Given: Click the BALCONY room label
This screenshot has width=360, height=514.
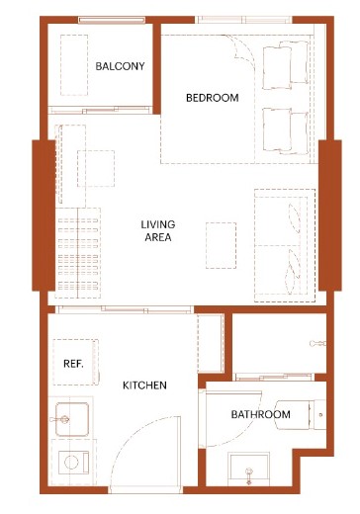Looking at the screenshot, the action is click(120, 66).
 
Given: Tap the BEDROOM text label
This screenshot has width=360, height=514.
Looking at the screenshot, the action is click(213, 98).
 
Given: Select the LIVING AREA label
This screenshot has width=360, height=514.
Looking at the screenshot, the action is click(158, 230).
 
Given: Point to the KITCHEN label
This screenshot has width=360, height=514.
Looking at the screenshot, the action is click(144, 385).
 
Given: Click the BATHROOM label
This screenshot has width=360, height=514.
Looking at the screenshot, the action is click(261, 414).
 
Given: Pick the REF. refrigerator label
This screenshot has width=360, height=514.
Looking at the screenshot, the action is click(73, 364).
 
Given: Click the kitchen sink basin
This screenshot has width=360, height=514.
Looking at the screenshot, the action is click(72, 419).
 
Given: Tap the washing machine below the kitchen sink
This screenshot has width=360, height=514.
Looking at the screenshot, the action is click(73, 463).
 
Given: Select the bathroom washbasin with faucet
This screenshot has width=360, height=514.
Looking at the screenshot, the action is click(249, 467).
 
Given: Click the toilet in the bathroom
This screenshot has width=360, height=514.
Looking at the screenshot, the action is click(300, 415).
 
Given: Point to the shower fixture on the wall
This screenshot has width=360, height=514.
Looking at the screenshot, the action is click(317, 344).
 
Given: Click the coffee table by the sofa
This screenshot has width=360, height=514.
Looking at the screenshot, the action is click(221, 245).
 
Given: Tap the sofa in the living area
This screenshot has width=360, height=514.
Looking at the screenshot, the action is click(285, 245).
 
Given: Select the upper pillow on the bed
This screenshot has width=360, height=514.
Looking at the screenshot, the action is click(286, 65).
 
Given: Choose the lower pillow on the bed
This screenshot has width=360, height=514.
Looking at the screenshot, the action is click(286, 131).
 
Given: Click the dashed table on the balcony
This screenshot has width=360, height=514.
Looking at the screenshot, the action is click(74, 65).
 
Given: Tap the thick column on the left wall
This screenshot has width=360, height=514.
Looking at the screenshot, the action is click(44, 215).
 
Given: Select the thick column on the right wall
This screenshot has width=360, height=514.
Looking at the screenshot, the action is click(330, 215).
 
